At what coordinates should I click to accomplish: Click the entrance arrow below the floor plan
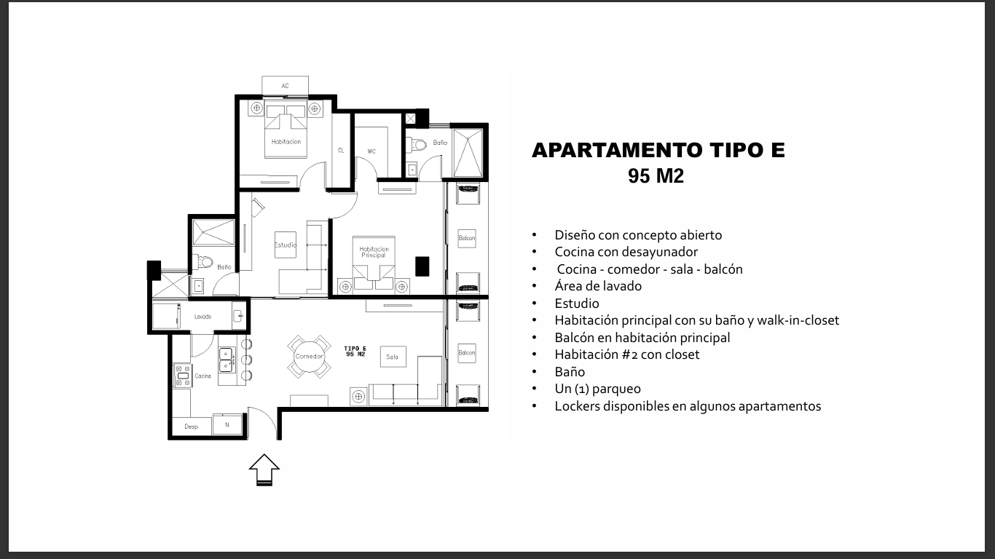(264, 469)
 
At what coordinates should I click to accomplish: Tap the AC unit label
(286, 86)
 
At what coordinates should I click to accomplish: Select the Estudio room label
(286, 245)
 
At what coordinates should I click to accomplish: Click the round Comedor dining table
(309, 356)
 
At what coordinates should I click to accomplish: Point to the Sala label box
(393, 357)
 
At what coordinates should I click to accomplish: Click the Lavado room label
(202, 317)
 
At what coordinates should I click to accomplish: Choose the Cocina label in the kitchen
(203, 376)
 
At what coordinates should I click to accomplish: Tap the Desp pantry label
(192, 427)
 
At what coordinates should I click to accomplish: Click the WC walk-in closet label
(371, 151)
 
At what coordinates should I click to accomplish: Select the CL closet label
(341, 151)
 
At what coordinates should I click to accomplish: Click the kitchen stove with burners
(183, 376)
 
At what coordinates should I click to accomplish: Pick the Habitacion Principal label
(374, 252)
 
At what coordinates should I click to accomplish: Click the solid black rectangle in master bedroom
(422, 266)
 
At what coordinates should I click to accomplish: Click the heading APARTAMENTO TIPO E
(658, 150)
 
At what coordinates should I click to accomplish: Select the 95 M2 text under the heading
(656, 176)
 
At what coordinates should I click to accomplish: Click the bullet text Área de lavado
(598, 286)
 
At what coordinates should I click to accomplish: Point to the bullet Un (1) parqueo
(597, 389)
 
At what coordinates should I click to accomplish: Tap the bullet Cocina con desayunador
(626, 252)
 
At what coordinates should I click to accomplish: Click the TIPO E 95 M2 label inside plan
(355, 352)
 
